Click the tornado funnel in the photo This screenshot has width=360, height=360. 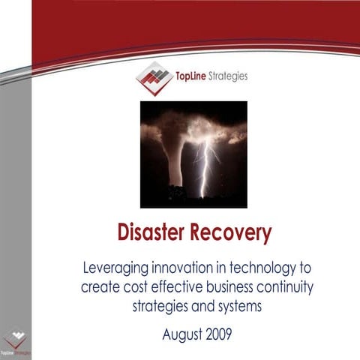coord(174,150)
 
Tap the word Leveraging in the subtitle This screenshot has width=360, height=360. coord(118,268)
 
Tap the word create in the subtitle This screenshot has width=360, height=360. coord(101,287)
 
